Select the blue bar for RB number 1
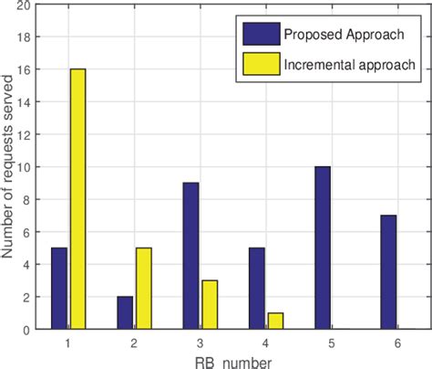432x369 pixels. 59,288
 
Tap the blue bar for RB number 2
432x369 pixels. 125,312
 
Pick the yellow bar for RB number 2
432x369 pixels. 144,288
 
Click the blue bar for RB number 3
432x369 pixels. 190,256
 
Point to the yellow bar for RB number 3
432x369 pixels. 210,304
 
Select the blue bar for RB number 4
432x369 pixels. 256,288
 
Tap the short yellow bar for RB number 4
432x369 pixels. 275,321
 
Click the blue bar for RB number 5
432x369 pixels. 322,248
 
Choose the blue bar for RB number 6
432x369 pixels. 387,272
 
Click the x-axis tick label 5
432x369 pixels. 332,341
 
